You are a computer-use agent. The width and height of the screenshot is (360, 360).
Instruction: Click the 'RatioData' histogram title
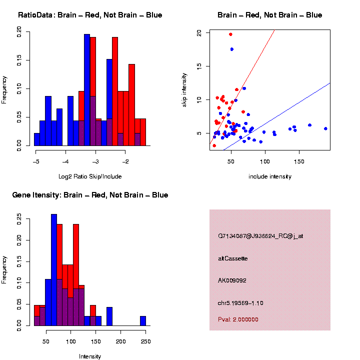pyautogui.click(x=90, y=15)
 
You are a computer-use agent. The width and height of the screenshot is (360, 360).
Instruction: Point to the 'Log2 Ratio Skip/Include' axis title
pyautogui.click(x=90, y=176)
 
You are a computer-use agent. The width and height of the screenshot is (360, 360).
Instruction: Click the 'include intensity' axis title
pyautogui.click(x=270, y=176)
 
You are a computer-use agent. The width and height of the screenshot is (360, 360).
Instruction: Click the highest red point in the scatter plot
pyautogui.click(x=230, y=34)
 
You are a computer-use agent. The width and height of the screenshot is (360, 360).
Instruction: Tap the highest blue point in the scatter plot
pyautogui.click(x=232, y=49)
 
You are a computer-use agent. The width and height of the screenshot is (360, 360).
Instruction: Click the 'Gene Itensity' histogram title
pyautogui.click(x=90, y=195)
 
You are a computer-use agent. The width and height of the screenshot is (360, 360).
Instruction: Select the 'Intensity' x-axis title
pyautogui.click(x=90, y=356)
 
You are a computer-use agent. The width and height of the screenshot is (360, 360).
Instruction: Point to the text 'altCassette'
pyautogui.click(x=233, y=258)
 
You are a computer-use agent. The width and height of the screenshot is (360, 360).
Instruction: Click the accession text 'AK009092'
pyautogui.click(x=232, y=280)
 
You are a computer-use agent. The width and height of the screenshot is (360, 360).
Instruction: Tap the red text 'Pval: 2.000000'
pyautogui.click(x=238, y=319)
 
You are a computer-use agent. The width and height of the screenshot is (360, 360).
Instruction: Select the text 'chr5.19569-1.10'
pyautogui.click(x=240, y=303)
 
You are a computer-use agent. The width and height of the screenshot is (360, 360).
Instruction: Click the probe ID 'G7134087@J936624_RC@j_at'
pyautogui.click(x=260, y=236)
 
